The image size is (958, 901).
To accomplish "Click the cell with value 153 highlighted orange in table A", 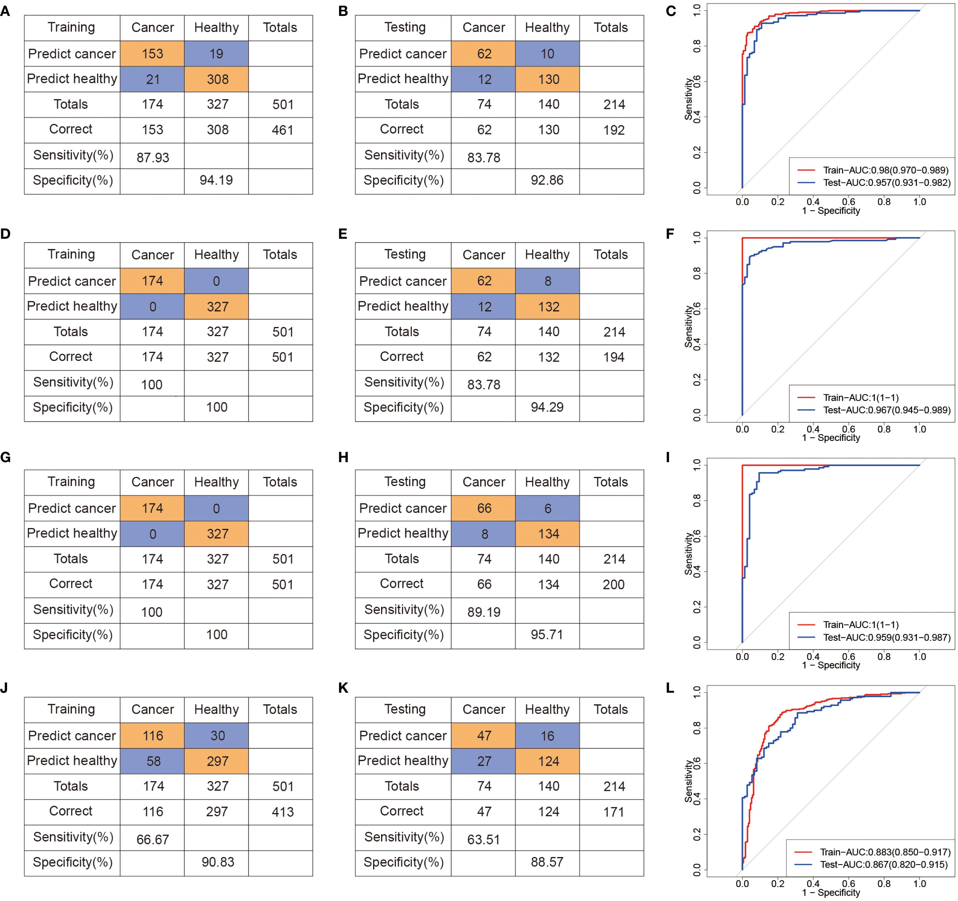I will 152,53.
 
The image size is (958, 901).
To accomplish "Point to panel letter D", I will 6,234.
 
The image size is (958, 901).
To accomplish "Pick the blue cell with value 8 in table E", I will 547,281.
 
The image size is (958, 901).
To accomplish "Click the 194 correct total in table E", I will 613,357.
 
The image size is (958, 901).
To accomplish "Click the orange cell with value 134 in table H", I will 548,534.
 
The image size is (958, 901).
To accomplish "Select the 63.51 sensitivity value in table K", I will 484,839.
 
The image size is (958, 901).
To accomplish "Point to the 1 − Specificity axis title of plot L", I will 831,892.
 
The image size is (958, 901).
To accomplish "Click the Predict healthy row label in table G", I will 72,533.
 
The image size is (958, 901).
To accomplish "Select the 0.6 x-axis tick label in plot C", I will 849,202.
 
